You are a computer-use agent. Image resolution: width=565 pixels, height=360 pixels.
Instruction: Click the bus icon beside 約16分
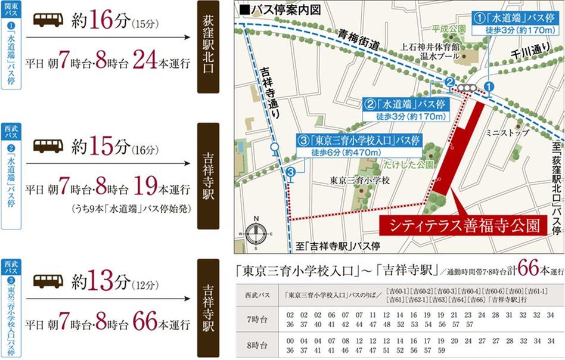tap(48, 21)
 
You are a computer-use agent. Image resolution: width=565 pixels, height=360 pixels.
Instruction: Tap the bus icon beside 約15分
tap(48, 145)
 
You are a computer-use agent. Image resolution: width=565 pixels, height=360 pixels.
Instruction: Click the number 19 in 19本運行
tap(147, 190)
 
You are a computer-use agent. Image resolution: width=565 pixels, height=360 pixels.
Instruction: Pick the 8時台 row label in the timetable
tap(256, 345)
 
